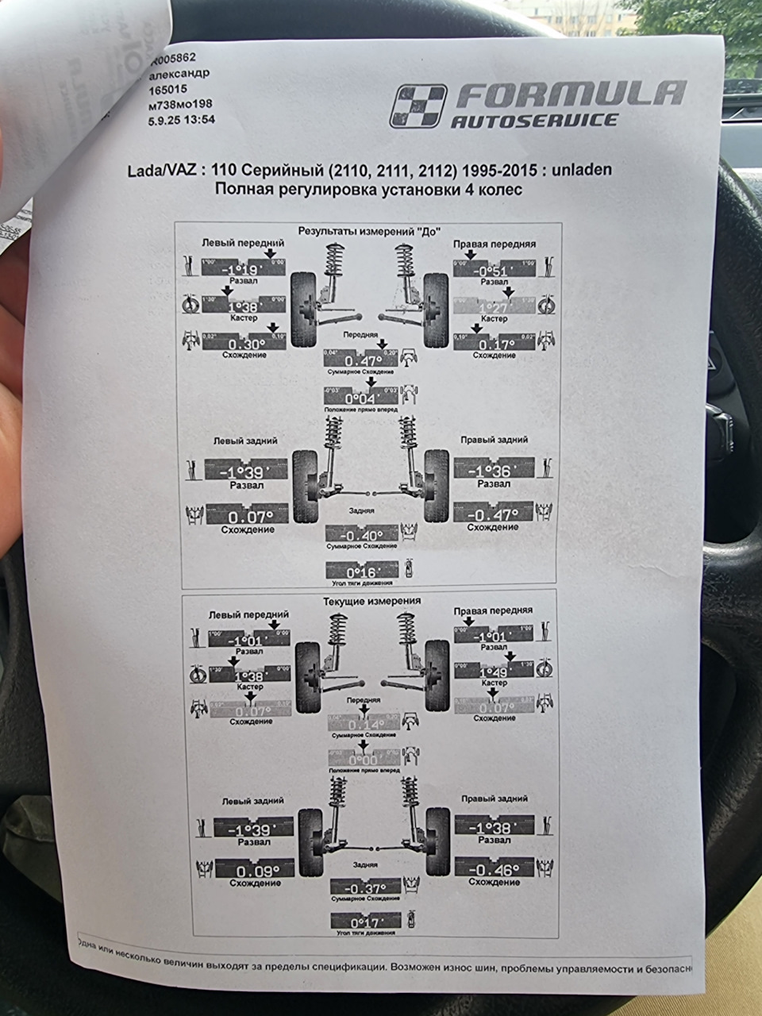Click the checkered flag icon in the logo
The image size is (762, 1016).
[x=418, y=106]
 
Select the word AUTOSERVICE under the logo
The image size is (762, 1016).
[x=534, y=121]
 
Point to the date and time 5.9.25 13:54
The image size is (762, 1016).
[x=181, y=120]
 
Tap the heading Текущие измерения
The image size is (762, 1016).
[x=371, y=601]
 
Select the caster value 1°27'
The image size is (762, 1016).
[x=494, y=308]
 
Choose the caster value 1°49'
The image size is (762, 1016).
[x=494, y=672]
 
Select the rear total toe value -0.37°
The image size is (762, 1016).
[x=366, y=887]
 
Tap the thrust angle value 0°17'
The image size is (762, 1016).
[x=366, y=922]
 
